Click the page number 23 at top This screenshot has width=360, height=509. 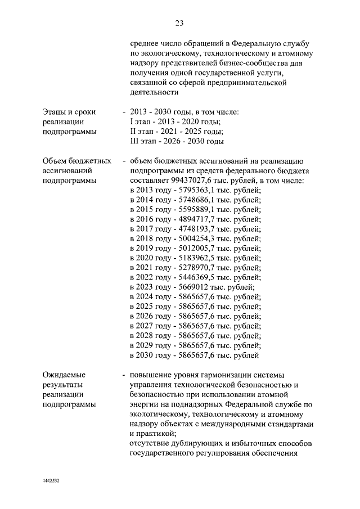click(x=179, y=23)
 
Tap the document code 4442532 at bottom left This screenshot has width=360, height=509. click(x=51, y=481)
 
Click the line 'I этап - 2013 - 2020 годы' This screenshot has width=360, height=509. click(x=175, y=122)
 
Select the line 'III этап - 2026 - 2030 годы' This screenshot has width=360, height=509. click(x=177, y=141)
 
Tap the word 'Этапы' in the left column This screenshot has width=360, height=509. click(x=55, y=112)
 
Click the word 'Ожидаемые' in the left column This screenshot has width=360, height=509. click(x=64, y=375)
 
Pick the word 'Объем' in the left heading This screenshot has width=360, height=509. click(x=55, y=161)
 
